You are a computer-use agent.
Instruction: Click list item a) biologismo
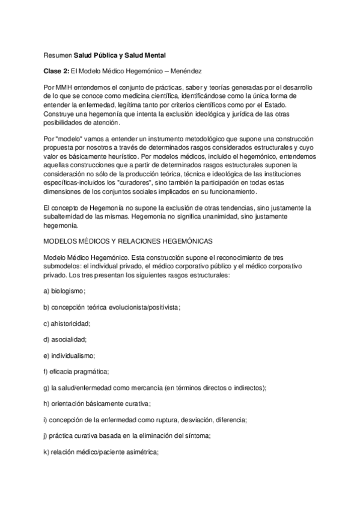click(x=66, y=290)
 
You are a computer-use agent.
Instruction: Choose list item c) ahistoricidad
click(x=67, y=323)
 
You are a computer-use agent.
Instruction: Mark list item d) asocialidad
click(x=66, y=339)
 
